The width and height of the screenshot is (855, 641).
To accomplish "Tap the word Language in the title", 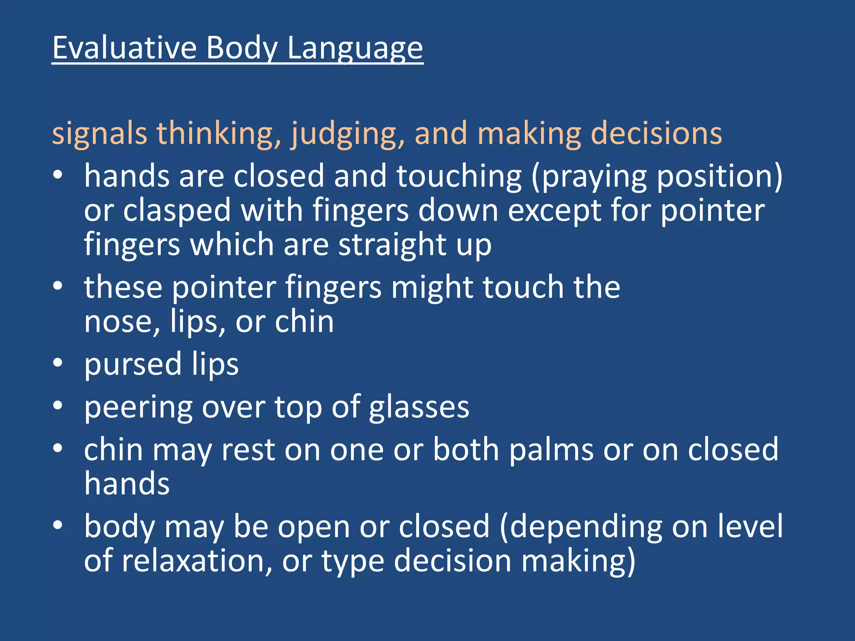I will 355,49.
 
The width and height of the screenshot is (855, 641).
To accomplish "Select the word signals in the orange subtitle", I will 99,134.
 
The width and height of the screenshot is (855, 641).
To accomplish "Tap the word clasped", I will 177,211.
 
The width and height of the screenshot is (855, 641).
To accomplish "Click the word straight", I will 392,245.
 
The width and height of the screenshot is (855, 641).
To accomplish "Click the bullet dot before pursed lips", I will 58,362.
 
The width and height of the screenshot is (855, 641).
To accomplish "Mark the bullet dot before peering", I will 58,405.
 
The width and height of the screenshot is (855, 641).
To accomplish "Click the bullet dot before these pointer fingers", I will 58,286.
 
